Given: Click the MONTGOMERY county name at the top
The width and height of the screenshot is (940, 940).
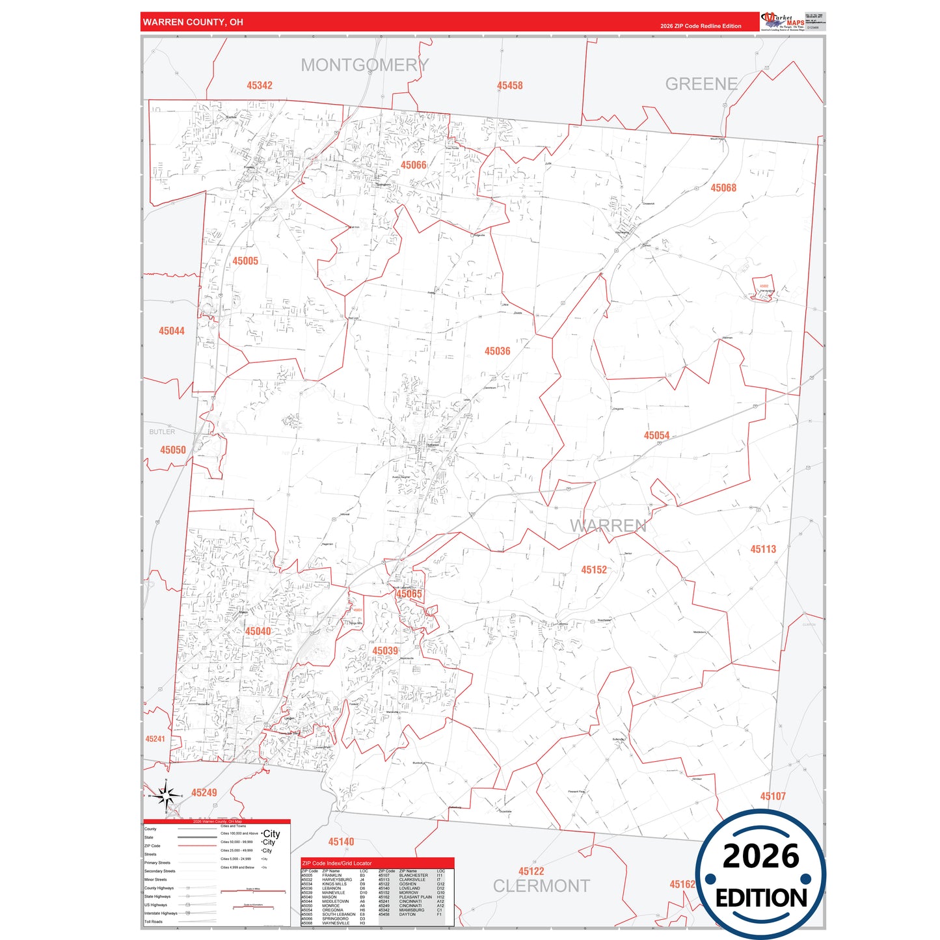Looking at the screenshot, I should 364,65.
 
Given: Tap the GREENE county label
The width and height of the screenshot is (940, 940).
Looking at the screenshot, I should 701,84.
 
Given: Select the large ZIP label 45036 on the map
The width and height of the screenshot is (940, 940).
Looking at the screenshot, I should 497,351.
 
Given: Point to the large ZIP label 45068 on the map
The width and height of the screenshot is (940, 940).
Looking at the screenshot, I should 723,188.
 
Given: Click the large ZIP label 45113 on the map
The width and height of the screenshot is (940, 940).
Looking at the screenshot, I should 762,549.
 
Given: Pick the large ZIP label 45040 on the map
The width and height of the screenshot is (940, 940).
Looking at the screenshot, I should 258,631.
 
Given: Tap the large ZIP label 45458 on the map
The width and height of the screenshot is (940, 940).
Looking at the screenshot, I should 509,86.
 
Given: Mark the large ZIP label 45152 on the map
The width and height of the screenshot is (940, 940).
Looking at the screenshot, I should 593,570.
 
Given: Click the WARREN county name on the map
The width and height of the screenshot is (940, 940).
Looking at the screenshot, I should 608,526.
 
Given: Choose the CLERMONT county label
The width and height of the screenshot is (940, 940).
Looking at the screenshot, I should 541,886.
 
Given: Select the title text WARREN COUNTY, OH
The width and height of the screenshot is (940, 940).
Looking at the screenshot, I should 193,22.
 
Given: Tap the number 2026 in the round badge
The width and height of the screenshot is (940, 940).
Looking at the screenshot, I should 760,856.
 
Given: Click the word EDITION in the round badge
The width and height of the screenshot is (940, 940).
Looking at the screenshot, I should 760,898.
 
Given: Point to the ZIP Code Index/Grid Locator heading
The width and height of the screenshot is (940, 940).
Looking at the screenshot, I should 337,863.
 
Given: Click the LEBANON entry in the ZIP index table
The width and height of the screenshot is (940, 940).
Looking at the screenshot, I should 331,888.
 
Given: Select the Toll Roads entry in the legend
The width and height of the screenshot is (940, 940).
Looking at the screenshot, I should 154,921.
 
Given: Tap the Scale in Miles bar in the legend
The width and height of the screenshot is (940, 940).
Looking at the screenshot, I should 253,891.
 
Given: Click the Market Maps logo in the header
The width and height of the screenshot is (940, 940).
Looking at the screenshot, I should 783,21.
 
